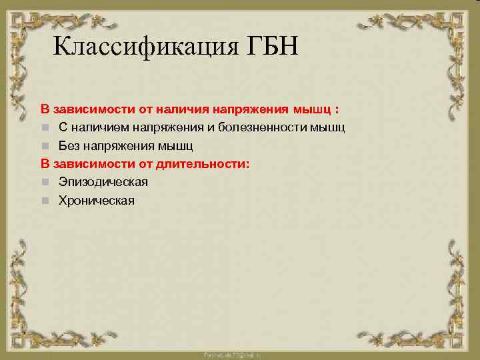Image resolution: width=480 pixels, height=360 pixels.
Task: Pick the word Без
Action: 69,145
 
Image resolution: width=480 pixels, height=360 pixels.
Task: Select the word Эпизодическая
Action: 103,181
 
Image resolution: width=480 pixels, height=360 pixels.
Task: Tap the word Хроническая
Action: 96,200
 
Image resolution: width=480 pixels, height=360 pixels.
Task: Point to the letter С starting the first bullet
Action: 62,127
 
